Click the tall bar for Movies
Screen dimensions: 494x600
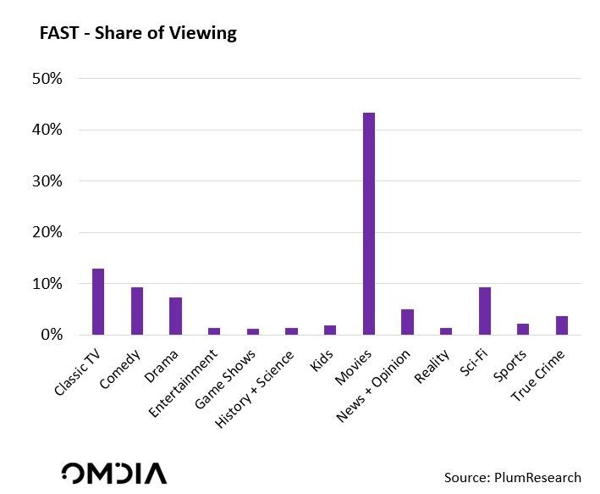click(369, 224)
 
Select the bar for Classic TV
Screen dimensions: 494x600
click(98, 302)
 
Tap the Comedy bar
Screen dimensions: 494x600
click(137, 311)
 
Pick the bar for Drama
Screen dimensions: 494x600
click(175, 316)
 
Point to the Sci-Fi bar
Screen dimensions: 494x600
click(485, 311)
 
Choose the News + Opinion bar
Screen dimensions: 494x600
click(407, 322)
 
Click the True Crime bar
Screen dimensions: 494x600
click(562, 325)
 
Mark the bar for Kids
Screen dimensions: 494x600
click(330, 330)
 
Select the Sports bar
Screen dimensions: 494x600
click(523, 329)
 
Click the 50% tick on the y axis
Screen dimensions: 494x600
click(47, 79)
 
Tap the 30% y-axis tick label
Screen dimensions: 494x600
click(47, 181)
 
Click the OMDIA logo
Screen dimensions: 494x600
click(113, 473)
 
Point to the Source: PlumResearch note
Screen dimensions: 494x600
click(513, 478)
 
